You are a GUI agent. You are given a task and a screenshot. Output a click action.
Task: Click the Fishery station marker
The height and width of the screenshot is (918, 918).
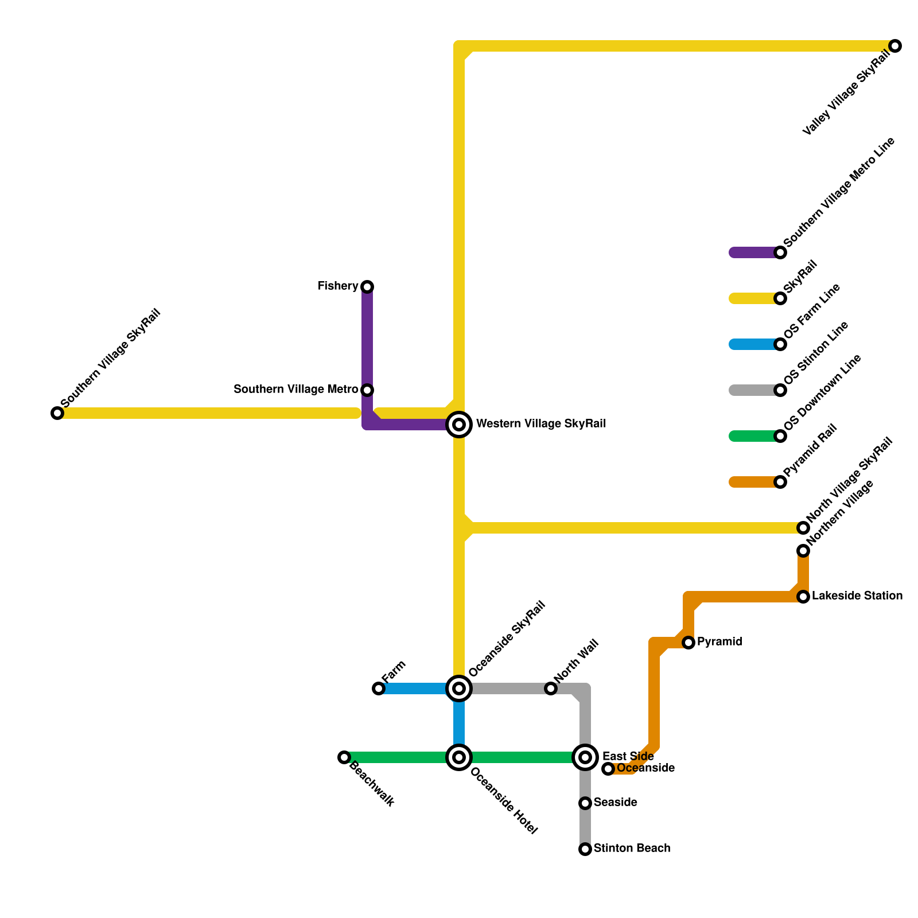(x=367, y=286)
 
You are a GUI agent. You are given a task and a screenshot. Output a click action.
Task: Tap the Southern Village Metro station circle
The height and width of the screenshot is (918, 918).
(x=367, y=390)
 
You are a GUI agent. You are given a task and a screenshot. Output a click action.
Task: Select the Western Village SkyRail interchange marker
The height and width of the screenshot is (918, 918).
(x=459, y=425)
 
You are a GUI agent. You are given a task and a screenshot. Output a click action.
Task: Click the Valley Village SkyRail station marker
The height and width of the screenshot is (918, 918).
(x=895, y=46)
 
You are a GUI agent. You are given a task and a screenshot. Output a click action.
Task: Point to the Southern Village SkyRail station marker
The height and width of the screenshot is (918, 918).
(x=57, y=413)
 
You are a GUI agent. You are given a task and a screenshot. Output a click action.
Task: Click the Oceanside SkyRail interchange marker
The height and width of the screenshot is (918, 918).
(x=459, y=688)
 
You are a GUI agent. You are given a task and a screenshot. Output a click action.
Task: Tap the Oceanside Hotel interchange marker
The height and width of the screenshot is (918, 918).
(x=459, y=757)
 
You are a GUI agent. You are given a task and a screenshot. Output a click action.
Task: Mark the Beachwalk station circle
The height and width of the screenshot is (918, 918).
(x=344, y=757)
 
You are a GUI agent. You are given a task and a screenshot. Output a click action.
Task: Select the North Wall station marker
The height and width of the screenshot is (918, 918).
(x=551, y=688)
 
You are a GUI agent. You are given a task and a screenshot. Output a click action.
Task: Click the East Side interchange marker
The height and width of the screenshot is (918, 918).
(x=585, y=757)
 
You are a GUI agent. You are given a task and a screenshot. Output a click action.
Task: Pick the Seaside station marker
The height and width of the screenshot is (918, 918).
(x=585, y=803)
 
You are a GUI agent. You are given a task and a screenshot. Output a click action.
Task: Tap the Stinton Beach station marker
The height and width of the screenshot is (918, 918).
(x=585, y=849)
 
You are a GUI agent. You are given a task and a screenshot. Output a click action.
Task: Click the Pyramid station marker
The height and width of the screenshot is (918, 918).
(x=688, y=643)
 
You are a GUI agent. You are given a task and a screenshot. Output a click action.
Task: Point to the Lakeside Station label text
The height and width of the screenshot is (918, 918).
(x=857, y=596)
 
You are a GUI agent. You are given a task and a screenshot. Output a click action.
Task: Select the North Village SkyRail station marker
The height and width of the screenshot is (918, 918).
(x=803, y=528)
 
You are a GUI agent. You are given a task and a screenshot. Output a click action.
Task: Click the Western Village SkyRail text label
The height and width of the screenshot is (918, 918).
(x=541, y=424)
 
